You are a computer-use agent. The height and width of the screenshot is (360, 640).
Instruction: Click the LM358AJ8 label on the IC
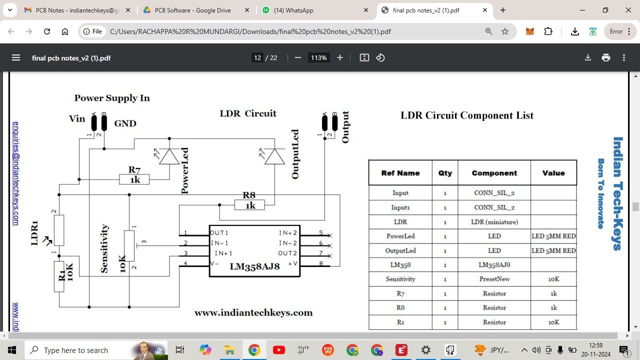click(254, 266)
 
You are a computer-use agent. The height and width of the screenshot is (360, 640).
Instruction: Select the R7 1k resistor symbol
click(134, 179)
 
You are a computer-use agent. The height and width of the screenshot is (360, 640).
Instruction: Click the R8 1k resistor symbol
click(249, 205)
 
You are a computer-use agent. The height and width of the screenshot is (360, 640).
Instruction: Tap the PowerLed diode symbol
click(169, 156)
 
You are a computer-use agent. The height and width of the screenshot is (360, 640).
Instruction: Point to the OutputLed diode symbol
click(274, 156)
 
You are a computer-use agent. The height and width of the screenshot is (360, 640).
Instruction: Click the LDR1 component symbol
click(59, 230)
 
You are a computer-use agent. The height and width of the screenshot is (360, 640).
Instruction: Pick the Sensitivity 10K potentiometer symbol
click(129, 245)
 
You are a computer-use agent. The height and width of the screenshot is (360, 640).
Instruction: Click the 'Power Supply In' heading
click(112, 98)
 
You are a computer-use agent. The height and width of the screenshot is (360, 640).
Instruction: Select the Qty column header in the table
click(444, 173)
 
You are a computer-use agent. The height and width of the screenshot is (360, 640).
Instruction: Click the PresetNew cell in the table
click(494, 279)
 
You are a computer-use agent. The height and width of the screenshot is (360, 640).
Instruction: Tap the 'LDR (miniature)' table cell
click(494, 221)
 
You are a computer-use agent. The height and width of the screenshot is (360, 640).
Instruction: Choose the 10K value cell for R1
click(553, 322)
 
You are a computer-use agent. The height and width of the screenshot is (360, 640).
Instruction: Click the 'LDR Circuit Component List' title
click(466, 115)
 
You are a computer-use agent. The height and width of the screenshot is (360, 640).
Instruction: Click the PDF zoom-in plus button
click(340, 58)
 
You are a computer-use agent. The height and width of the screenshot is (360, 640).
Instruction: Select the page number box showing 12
click(257, 58)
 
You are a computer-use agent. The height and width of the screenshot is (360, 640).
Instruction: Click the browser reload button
click(47, 31)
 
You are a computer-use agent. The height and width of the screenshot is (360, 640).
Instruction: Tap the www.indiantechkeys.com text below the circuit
click(253, 313)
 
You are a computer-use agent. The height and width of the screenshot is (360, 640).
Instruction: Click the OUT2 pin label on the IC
click(287, 253)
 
